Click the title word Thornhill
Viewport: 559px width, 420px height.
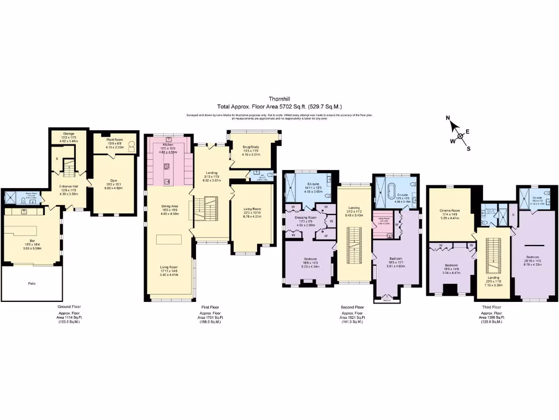pos(279,100)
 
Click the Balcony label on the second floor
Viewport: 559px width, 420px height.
pos(385,300)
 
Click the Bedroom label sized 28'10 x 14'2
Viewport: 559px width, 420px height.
pos(534,256)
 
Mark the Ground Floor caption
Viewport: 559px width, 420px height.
pos(69,307)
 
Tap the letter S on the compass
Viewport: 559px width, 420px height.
pos(468,148)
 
